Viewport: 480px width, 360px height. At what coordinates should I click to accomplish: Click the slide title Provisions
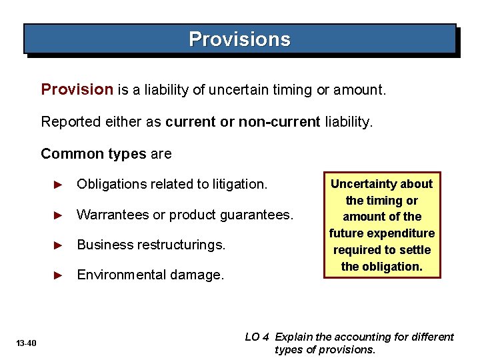(239, 39)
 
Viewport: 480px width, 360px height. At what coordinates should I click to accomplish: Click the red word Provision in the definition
(77, 89)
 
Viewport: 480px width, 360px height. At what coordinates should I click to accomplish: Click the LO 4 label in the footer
(257, 337)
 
